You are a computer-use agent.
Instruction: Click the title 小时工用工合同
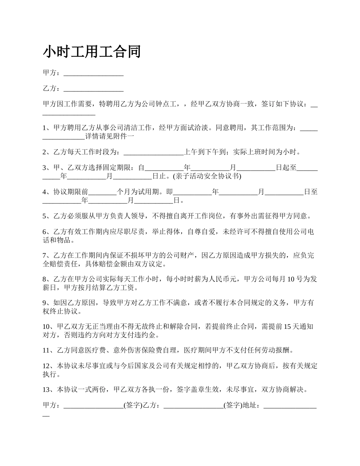[x=92, y=52]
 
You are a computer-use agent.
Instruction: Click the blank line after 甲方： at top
[x=94, y=73]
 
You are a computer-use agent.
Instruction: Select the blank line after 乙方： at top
[x=94, y=89]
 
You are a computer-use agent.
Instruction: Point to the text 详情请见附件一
[x=109, y=136]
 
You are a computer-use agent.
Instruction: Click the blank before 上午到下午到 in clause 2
[x=153, y=153]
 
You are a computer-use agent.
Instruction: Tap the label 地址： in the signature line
[x=253, y=406]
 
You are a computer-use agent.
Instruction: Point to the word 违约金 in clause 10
[x=149, y=335]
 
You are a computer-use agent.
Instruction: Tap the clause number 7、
[x=47, y=256]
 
